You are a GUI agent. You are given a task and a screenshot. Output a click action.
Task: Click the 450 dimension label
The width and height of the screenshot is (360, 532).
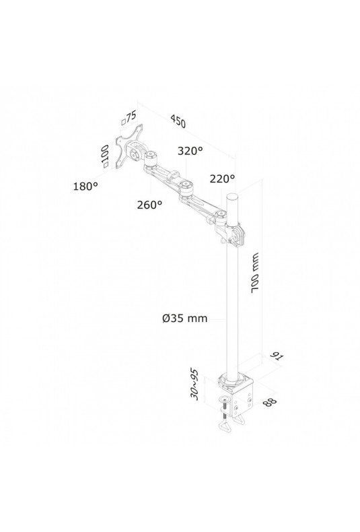tap(178, 121)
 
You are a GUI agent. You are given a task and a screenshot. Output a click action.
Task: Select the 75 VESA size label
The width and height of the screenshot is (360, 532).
tap(129, 117)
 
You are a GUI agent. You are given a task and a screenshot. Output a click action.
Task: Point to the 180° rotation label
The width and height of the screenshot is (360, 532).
tap(85, 186)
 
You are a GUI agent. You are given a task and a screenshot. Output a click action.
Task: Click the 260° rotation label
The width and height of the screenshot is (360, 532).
tap(149, 205)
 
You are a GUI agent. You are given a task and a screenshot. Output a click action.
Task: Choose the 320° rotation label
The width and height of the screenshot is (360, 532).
tap(190, 151)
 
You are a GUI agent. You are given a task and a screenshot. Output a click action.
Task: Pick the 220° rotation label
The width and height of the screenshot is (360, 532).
tap(222, 178)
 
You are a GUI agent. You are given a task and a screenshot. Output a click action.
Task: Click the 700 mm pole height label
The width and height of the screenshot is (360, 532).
tap(255, 273)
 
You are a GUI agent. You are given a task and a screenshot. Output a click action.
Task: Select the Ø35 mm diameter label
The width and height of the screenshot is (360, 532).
tap(185, 319)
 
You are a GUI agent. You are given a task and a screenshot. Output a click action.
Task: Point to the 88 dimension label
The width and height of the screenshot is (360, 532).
tap(269, 401)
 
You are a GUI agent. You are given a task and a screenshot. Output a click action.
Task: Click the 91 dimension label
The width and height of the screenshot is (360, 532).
tap(277, 357)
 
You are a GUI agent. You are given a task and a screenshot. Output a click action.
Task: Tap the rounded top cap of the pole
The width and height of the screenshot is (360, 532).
tap(232, 196)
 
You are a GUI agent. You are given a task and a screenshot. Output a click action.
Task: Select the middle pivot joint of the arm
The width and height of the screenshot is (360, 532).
tap(185, 187)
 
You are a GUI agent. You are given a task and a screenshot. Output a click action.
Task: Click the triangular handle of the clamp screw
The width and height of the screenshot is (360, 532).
tap(226, 426)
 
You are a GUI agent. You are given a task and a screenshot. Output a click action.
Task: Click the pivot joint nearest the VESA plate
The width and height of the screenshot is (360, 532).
tap(150, 158)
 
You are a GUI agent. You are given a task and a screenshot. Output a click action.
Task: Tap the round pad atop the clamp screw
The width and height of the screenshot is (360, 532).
tap(225, 399)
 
